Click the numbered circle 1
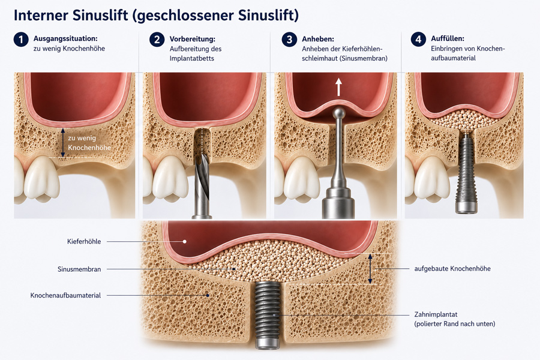tap(21, 40)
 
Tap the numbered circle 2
tap(157, 40)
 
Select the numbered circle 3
tap(289, 40)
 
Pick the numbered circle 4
tap(418, 39)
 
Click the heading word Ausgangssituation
tap(65, 38)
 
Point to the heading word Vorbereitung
tap(192, 39)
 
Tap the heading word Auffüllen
tap(448, 38)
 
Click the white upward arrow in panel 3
tap(339, 86)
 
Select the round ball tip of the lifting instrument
tap(339, 113)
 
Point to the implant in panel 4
tap(466, 173)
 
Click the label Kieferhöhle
tap(84, 241)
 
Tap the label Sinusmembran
tap(79, 269)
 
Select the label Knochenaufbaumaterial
tap(65, 295)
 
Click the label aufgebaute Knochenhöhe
tap(452, 268)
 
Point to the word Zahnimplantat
tap(436, 314)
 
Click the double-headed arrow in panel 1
tap(62, 143)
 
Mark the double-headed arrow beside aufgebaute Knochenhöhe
tap(370, 269)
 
